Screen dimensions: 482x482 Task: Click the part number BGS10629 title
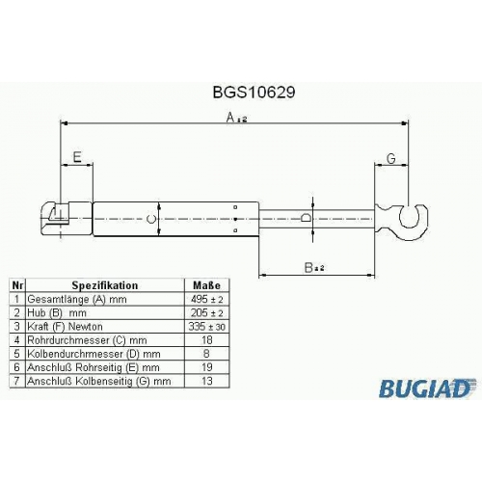[x=254, y=93]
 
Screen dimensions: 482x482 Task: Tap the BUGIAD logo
[x=427, y=388]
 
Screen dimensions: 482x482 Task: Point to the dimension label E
[x=77, y=157]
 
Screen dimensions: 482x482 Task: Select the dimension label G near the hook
[x=391, y=158]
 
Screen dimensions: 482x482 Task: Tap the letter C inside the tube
[x=151, y=219]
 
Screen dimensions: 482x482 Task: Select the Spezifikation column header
[x=105, y=285]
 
